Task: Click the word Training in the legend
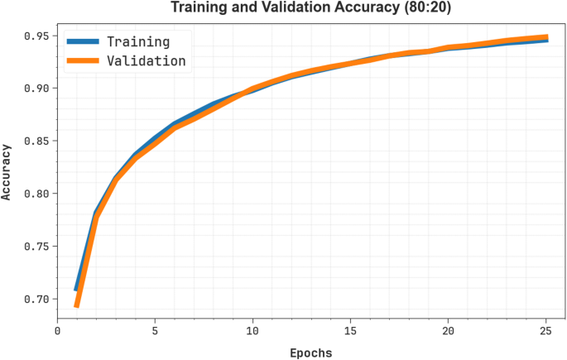coord(138,41)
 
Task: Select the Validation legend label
coord(147,60)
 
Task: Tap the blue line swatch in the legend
coord(83,41)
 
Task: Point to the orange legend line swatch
coord(83,60)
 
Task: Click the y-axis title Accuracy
coord(7,171)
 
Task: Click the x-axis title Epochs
coord(310,353)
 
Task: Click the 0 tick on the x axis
coord(57,330)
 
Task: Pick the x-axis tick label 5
coord(155,330)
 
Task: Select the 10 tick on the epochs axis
coord(252,330)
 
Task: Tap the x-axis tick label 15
coord(351,330)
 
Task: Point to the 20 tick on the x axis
coord(449,330)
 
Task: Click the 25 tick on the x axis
coord(546,330)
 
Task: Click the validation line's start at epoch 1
coord(77,305)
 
